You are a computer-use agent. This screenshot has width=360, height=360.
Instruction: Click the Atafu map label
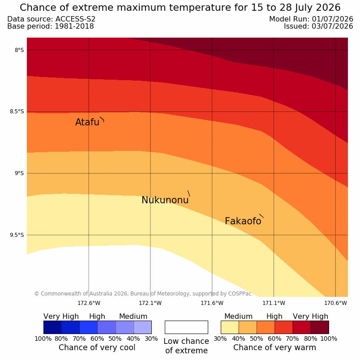click(x=87, y=122)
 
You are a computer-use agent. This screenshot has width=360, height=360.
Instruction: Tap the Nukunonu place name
click(x=165, y=200)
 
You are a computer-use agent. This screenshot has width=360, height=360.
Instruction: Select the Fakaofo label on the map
click(x=243, y=221)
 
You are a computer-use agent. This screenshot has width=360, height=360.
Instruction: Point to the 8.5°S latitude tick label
click(x=17, y=111)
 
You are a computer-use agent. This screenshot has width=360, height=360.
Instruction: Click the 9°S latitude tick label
click(x=19, y=173)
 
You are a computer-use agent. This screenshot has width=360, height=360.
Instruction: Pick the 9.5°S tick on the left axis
click(x=17, y=235)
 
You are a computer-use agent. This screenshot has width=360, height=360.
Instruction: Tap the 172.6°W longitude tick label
click(x=89, y=303)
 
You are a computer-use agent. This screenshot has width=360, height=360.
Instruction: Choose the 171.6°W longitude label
click(x=212, y=303)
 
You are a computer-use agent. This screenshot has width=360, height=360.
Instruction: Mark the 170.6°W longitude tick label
click(x=335, y=303)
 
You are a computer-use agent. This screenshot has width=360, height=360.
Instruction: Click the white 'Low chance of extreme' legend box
click(x=186, y=327)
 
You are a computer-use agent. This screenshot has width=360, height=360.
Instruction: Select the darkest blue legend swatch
click(x=52, y=327)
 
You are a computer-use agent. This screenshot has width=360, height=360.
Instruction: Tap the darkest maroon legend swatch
click(x=320, y=327)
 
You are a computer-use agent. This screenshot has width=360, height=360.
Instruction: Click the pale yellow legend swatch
click(x=230, y=327)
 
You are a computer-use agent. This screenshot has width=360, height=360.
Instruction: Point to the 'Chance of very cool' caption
click(x=97, y=347)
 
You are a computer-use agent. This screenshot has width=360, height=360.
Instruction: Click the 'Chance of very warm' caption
click(x=274, y=347)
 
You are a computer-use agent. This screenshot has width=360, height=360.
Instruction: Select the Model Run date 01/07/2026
click(x=332, y=19)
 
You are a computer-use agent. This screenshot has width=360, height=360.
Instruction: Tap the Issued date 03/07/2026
click(x=332, y=26)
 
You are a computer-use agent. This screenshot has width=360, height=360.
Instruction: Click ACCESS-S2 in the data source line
click(x=76, y=19)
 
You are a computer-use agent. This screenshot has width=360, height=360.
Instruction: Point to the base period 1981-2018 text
click(x=74, y=26)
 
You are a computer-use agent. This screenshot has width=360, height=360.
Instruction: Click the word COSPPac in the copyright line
click(x=240, y=294)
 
